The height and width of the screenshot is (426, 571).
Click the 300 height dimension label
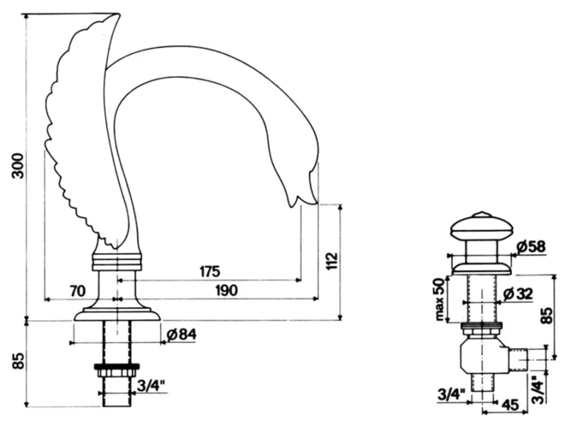(18, 165)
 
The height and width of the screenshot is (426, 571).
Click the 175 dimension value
(210, 271)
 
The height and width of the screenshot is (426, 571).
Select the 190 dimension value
(227, 290)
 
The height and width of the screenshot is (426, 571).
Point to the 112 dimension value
(332, 261)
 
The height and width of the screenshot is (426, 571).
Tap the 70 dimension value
(77, 291)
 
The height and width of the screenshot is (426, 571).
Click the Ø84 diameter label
(181, 334)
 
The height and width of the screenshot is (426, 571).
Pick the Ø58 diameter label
(531, 247)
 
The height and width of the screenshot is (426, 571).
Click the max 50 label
(440, 300)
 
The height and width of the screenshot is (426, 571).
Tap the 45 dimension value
(510, 405)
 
